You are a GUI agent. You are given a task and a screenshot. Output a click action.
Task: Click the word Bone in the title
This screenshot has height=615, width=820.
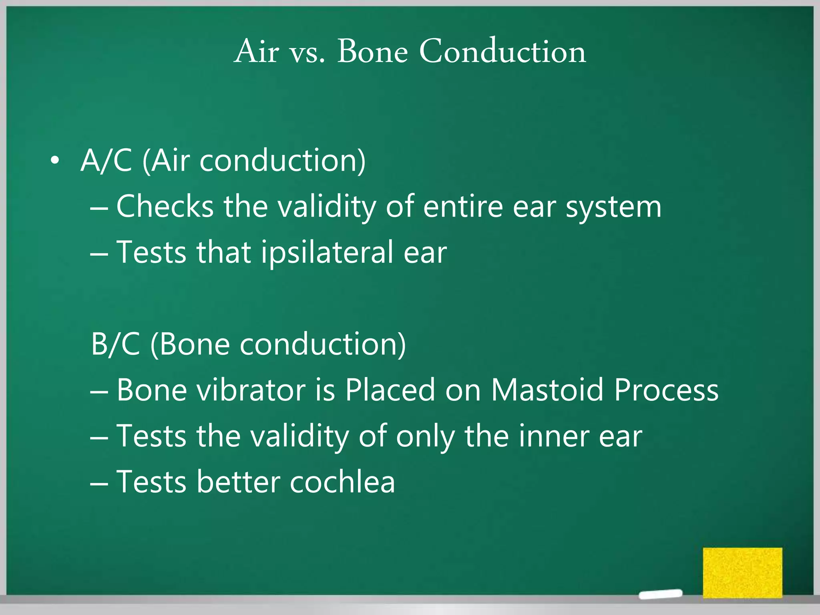(x=372, y=52)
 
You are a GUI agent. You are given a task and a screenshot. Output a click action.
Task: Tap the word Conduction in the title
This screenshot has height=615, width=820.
(x=502, y=52)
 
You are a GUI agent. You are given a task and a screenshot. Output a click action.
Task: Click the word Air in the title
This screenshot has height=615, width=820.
(x=256, y=52)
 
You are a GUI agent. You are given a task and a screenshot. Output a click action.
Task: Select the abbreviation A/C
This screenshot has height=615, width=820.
(x=106, y=161)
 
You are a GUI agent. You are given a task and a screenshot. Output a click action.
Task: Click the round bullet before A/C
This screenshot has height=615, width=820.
(x=55, y=161)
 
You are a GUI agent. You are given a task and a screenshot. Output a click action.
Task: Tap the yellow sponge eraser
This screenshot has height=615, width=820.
(x=742, y=572)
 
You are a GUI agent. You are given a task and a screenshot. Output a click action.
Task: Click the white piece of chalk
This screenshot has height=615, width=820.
(x=661, y=594)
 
